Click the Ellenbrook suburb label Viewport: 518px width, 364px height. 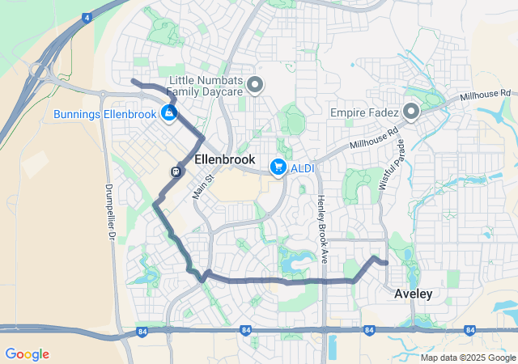pos(225,160)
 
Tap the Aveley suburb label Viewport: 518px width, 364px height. pos(413,294)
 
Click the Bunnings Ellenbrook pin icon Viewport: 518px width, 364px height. pos(169,113)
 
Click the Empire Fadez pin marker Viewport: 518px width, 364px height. pos(410,112)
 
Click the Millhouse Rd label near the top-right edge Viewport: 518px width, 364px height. pos(486,95)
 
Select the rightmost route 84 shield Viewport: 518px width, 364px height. pos(469,331)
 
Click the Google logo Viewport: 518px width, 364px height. pos(27,354)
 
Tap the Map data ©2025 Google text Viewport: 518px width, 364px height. pos(468,358)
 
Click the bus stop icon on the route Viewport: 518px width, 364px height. pos(176,171)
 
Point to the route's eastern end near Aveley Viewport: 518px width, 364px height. pos(386,263)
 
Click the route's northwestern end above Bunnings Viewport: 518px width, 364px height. pos(134,81)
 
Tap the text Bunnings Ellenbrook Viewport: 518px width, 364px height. pos(105,114)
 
